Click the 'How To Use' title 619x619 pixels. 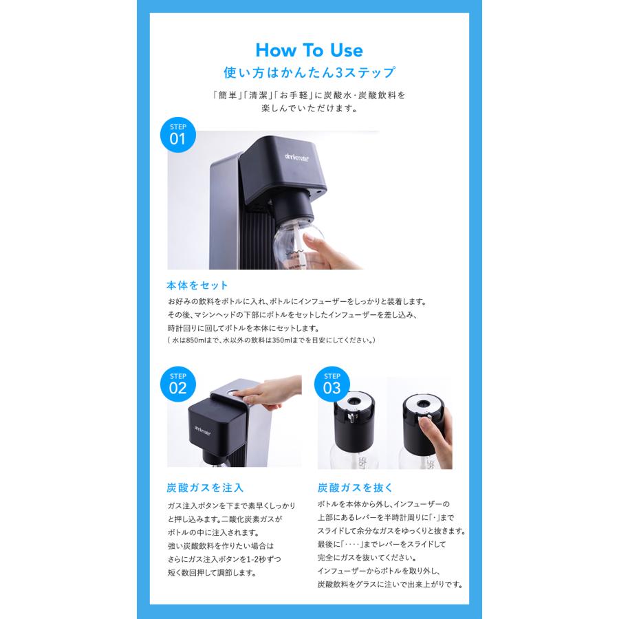click(x=309, y=50)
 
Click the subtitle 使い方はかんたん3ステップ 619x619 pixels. click(x=309, y=72)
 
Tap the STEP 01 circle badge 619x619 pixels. click(x=177, y=134)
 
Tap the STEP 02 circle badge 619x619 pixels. click(x=177, y=383)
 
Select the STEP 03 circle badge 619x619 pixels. click(x=332, y=383)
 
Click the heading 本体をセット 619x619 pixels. click(x=197, y=285)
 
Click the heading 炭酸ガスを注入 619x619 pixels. click(x=205, y=488)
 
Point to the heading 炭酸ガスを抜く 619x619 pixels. click(x=355, y=488)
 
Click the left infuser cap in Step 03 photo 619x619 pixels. click(x=356, y=420)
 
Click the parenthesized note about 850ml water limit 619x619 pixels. click(x=272, y=340)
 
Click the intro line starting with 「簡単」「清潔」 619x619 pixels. click(x=309, y=96)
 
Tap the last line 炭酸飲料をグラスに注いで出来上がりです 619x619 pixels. click(x=389, y=585)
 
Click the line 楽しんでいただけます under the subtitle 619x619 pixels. click(x=309, y=109)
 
